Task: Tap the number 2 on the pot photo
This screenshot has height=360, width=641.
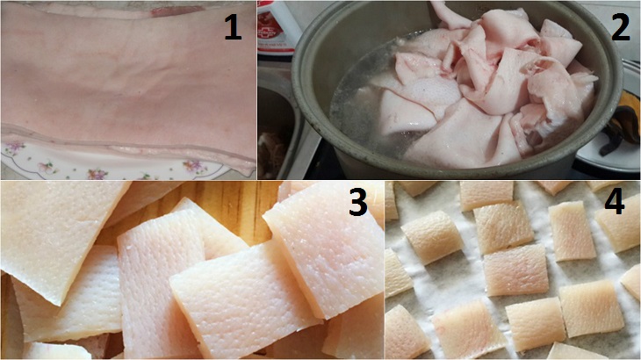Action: pos(621,27)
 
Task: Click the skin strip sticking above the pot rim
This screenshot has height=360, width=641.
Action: pos(450,14)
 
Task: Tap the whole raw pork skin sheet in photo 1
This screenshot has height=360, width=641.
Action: pos(127,82)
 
